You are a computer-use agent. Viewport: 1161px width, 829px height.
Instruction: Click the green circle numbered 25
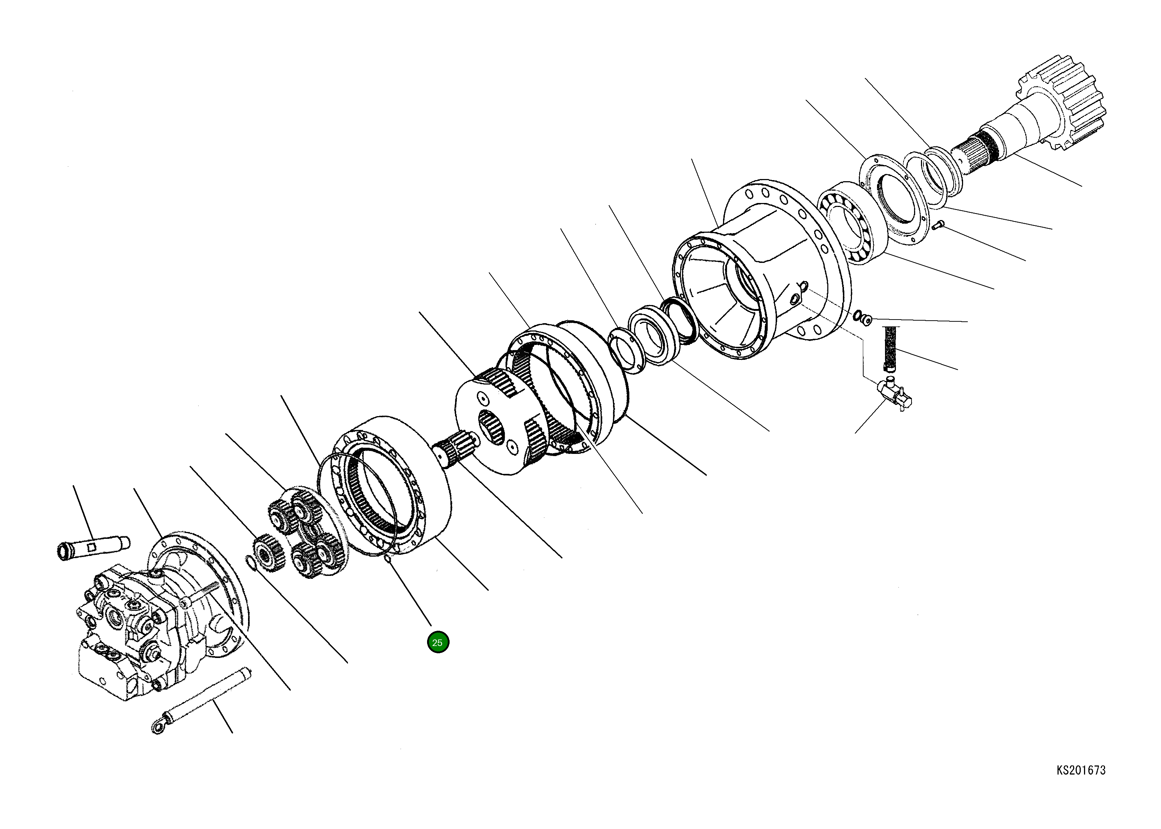coord(438,642)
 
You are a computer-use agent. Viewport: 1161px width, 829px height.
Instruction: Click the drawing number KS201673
coord(1080,770)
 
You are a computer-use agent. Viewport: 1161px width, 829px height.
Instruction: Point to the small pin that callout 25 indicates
coord(387,560)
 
